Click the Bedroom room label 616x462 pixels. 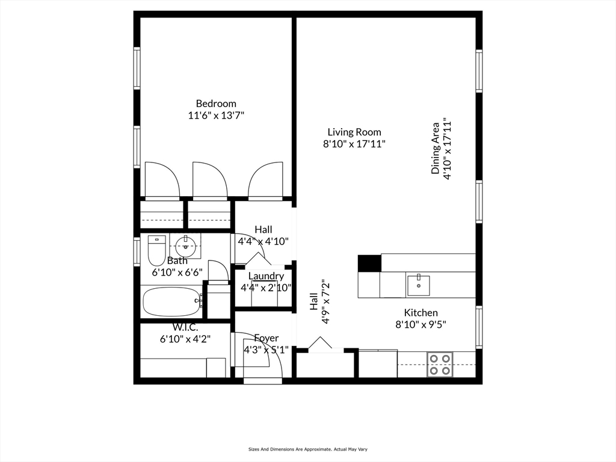pyautogui.click(x=216, y=103)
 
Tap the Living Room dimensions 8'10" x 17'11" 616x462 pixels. pyautogui.click(x=354, y=144)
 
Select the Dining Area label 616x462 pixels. pyautogui.click(x=436, y=149)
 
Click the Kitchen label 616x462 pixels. pyautogui.click(x=420, y=313)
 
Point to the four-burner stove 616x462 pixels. pyautogui.click(x=440, y=364)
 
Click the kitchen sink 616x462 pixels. pyautogui.click(x=419, y=285)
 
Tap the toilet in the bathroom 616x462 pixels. pyautogui.click(x=157, y=250)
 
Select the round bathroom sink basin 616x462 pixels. pyautogui.click(x=185, y=246)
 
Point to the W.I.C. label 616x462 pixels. pyautogui.click(x=185, y=327)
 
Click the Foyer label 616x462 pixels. pyautogui.click(x=266, y=338)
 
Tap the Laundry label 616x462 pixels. pyautogui.click(x=266, y=276)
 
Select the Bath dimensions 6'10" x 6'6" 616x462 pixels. pyautogui.click(x=177, y=273)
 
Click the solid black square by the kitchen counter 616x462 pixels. pyautogui.click(x=369, y=263)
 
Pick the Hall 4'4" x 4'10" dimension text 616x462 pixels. pyautogui.click(x=263, y=241)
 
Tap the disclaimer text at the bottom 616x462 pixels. pyautogui.click(x=308, y=449)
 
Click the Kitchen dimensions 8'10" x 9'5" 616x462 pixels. pyautogui.click(x=420, y=325)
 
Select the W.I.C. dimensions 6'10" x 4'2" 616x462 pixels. pyautogui.click(x=185, y=339)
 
